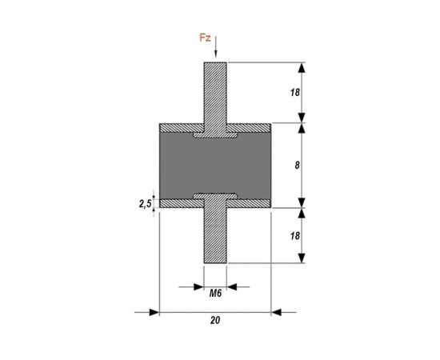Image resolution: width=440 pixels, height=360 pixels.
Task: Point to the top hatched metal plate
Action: [180, 127]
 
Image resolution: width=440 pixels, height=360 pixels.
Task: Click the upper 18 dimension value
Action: [294, 92]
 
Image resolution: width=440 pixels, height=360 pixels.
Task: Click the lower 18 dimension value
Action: [294, 236]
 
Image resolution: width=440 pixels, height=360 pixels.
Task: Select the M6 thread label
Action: [215, 294]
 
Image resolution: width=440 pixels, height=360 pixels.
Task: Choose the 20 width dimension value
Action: [215, 320]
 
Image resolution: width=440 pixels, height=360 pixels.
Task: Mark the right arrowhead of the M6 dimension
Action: [233, 284]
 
